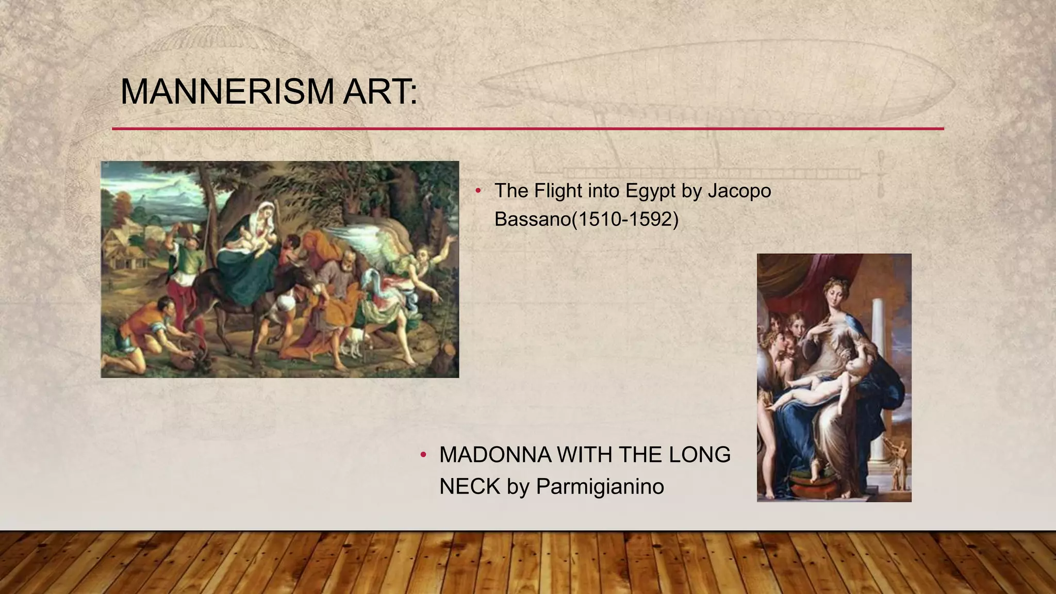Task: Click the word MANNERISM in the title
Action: (x=227, y=92)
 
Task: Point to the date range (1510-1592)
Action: (x=622, y=220)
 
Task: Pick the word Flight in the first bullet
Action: (x=558, y=191)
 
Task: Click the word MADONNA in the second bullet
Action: (x=495, y=455)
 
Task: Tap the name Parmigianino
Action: (x=600, y=486)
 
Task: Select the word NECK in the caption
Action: (x=470, y=486)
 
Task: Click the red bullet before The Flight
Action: (x=478, y=191)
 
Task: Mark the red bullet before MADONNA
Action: (x=423, y=455)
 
